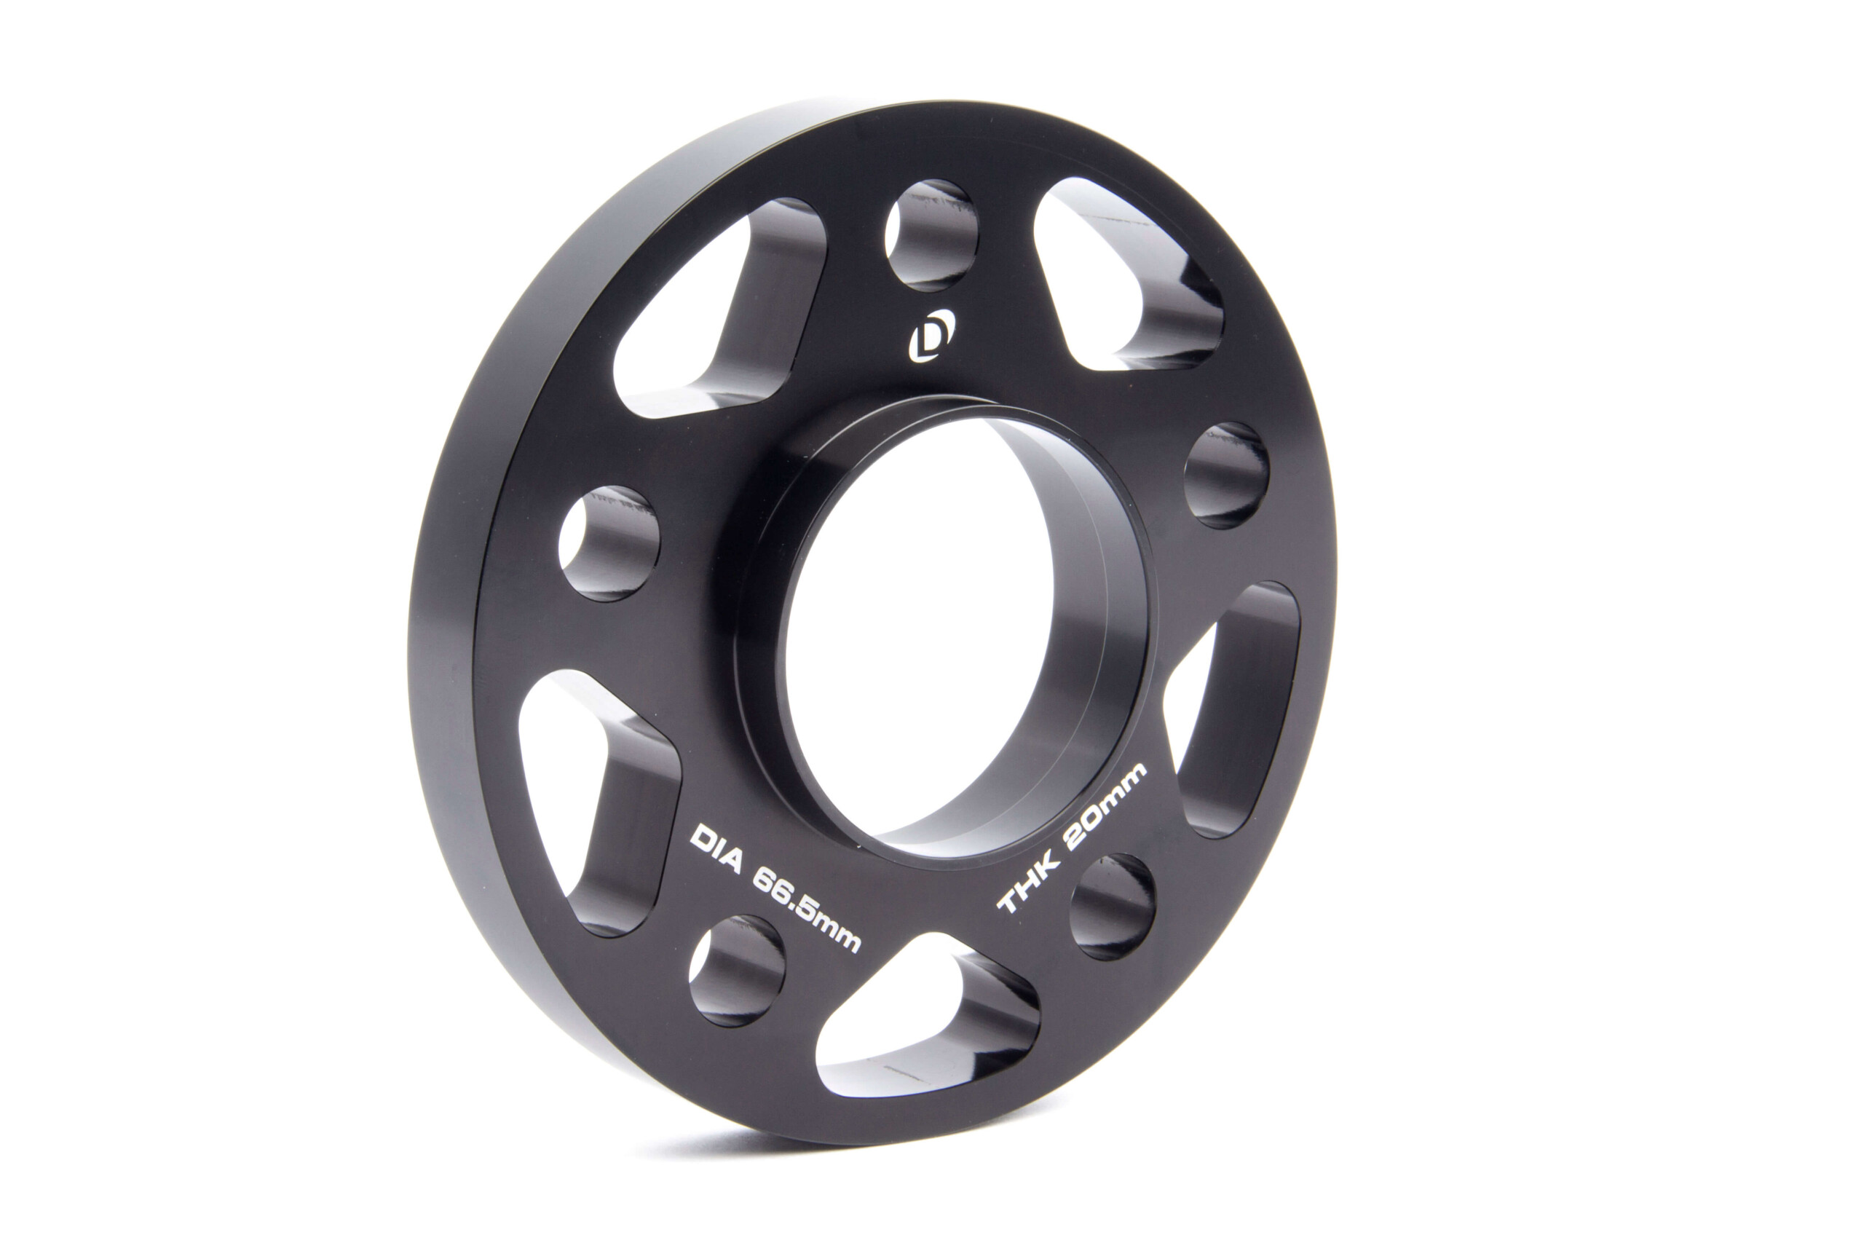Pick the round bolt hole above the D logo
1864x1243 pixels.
point(931,235)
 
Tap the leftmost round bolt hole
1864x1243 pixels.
point(609,543)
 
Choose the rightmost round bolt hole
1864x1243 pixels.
point(1226,475)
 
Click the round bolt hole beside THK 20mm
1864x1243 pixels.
point(1112,906)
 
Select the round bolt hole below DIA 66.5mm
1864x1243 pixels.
point(737,971)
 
